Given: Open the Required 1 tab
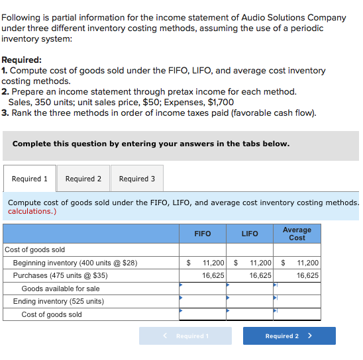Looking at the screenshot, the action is (30, 179).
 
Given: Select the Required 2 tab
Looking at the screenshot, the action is (83, 179).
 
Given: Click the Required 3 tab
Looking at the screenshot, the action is (137, 179).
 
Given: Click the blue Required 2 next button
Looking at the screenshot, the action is (289, 336).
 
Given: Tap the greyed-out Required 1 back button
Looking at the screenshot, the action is (185, 336).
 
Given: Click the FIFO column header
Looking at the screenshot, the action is (203, 234).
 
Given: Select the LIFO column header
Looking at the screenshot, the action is (250, 234).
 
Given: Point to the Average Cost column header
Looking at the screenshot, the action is (297, 234).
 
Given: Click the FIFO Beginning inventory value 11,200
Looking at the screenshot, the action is (213, 263).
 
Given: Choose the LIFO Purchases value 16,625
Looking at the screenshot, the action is (260, 275).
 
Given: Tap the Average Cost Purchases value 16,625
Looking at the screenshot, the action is (307, 275).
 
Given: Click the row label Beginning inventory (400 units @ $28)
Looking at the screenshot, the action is (75, 263).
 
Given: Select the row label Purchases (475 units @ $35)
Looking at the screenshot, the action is (60, 275).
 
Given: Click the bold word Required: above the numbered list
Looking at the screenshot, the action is (22, 60).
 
